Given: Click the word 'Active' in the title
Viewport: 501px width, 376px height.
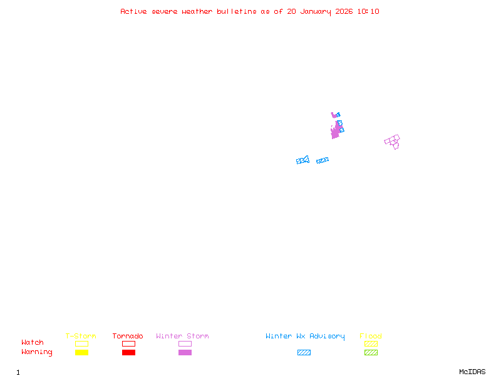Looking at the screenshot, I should [134, 11].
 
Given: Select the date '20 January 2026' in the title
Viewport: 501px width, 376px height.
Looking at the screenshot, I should [309, 11].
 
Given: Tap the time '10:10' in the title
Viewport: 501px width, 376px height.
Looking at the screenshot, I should [369, 11].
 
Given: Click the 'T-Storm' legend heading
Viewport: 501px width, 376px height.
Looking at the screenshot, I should [81, 336].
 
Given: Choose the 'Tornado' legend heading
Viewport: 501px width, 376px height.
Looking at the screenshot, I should [128, 336].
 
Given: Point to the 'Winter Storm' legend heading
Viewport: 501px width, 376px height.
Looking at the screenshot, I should [182, 336].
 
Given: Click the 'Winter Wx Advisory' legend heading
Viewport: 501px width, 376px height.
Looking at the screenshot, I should [305, 336].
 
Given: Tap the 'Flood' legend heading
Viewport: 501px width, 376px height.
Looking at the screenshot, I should [371, 336].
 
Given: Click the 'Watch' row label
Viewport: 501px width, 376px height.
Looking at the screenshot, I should [33, 343].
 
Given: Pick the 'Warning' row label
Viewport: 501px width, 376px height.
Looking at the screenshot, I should [37, 352].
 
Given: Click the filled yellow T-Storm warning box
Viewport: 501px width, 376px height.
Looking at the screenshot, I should [81, 353].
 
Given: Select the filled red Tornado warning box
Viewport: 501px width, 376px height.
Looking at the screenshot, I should [128, 353].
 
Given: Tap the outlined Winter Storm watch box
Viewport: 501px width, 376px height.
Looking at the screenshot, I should [185, 343].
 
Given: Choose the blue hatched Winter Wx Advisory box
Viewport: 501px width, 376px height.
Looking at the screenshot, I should [304, 353].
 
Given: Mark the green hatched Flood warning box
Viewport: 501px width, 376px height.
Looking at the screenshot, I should [371, 353].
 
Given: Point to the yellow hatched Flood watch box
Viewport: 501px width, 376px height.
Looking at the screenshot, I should [371, 343].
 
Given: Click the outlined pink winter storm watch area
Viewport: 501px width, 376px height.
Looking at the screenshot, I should [393, 141].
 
